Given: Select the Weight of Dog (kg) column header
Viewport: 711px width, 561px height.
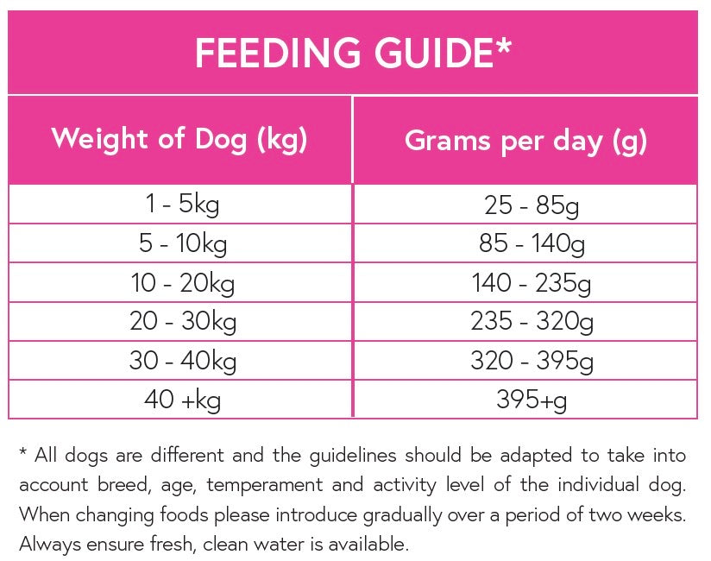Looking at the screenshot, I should (x=179, y=139).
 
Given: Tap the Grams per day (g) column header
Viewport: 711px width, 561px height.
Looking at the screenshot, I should (x=525, y=141).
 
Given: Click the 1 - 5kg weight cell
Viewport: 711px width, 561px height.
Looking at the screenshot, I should (x=182, y=205).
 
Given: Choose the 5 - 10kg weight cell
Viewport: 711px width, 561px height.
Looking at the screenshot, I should (x=182, y=244).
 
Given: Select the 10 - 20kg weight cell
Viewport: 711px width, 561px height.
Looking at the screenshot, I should (x=182, y=283).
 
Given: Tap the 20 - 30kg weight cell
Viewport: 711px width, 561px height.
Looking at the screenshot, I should (x=182, y=322).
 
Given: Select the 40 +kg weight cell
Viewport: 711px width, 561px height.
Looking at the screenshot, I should (x=182, y=400).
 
